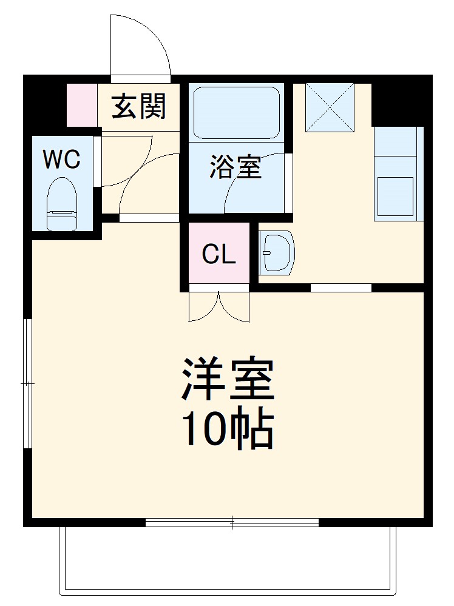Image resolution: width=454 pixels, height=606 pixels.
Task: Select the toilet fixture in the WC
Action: coord(62,204)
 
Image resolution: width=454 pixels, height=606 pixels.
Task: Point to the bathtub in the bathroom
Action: coord(236,113)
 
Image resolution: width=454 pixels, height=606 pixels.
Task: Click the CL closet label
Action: coord(219,255)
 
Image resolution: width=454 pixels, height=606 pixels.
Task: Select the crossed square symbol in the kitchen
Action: coord(330,107)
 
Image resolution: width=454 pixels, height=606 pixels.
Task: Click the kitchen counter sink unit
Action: coord(398,173)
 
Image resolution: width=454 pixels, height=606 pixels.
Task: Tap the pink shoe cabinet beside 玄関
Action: coord(81,105)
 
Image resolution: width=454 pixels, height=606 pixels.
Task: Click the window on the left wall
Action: coord(27,383)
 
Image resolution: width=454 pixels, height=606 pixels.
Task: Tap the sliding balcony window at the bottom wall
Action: coord(232,522)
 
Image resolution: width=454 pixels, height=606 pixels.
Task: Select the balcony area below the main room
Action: coord(227,558)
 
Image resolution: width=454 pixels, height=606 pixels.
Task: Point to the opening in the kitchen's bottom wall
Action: coord(340,288)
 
